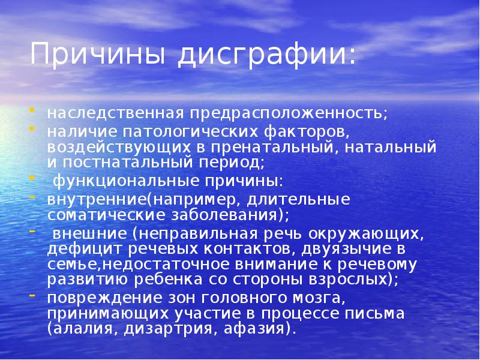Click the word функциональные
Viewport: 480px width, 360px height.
[x=113, y=181]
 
